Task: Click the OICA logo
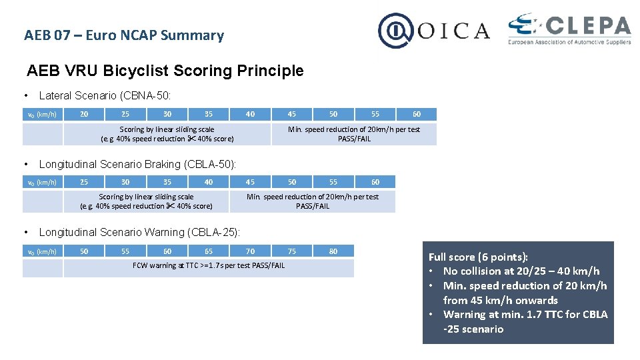[x=434, y=31]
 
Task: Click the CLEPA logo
[x=569, y=29]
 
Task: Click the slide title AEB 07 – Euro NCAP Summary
[x=124, y=35]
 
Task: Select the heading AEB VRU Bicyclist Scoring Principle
[x=165, y=71]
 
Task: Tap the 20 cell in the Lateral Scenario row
[x=84, y=114]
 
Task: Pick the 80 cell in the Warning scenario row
[x=333, y=251]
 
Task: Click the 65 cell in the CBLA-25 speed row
[x=209, y=251]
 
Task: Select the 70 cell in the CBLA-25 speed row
[x=250, y=251]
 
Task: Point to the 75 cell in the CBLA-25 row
[x=292, y=251]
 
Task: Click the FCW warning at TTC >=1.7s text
[x=209, y=265]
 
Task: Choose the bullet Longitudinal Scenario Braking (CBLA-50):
[x=137, y=164]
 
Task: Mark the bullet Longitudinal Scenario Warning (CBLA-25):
[x=139, y=232]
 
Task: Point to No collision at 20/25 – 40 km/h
[x=521, y=271]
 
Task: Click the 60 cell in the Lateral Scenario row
[x=417, y=114]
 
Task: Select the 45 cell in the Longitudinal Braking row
[x=250, y=182]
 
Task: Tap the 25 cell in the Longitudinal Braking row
[x=84, y=182]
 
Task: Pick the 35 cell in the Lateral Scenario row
[x=209, y=114]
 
